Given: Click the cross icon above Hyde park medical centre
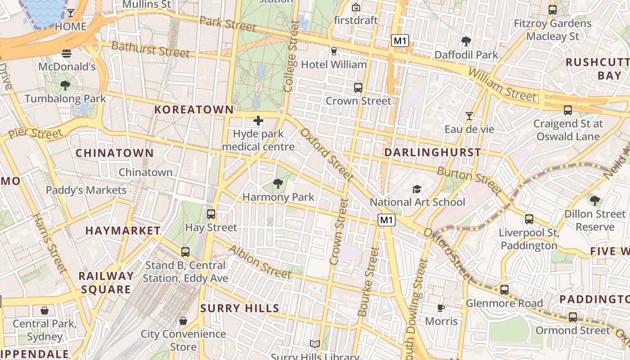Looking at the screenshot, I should coord(258,120).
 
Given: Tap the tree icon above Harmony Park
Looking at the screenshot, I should coord(278,183).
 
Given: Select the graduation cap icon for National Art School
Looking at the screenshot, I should coord(417,189).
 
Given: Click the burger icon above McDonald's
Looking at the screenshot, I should coord(67,54).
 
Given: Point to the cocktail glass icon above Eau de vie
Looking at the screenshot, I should coord(469,116).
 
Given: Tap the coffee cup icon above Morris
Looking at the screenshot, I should coord(441,308).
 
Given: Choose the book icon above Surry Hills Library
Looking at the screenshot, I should coord(315,344).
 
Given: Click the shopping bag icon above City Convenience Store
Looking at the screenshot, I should coord(183,321).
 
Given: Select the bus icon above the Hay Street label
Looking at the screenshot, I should coord(211,214).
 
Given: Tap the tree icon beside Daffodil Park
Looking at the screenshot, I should coord(466,41).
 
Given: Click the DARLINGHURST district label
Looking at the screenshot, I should coord(433,153).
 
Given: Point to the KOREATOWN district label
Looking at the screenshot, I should coord(194,109).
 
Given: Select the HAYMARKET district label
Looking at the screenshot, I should coord(123,231).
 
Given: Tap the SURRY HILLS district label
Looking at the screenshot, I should coord(240,308).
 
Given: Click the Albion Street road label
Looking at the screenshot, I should coord(260,262).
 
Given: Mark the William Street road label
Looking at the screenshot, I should coord(502,85).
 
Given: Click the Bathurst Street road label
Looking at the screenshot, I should coord(150,49).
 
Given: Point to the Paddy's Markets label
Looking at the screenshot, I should coord(86,190).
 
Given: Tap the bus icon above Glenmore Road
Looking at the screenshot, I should coord(504,289).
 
